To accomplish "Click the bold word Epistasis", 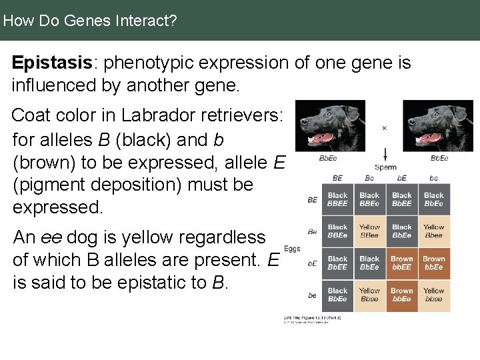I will [51, 63].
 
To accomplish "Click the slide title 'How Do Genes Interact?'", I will [89, 21].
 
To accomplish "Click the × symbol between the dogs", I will [384, 128].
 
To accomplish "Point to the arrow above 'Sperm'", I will [385, 151].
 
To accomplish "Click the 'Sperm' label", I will [385, 167].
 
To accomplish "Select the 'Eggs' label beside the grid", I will [292, 249].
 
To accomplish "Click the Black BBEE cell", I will [337, 199].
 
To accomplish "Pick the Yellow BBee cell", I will [369, 231].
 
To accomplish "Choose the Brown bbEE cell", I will [401, 263].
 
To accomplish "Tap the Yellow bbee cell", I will [433, 295].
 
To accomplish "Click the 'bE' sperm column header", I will [401, 178].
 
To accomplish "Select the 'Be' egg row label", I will [312, 231].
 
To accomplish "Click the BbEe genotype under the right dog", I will [439, 159].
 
